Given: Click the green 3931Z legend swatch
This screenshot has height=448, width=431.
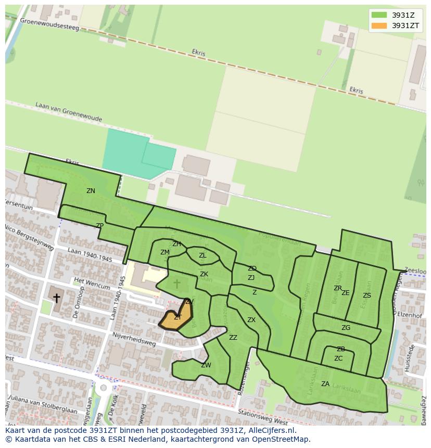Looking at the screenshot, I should tap(379, 15).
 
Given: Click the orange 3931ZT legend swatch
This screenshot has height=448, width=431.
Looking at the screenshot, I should tap(379, 25).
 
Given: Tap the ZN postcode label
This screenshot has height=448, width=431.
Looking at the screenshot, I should tap(91, 191).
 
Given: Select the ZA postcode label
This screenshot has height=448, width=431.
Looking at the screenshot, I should tap(325, 384).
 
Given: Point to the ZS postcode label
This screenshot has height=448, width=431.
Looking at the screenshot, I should tap(367, 296).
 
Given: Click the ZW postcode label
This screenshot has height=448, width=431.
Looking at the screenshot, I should tap(206, 365).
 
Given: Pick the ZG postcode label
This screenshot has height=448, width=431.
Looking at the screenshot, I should tap(346, 328).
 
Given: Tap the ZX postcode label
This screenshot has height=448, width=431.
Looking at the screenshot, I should tap(251, 320).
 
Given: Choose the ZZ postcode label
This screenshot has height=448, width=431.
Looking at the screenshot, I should tap(233, 338).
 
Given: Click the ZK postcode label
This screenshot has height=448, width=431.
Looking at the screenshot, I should tap(204, 274).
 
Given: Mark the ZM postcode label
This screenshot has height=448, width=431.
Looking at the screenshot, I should tap(165, 252).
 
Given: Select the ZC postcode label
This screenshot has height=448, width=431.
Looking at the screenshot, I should tap(338, 359).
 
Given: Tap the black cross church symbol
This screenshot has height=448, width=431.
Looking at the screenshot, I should tap(56, 298).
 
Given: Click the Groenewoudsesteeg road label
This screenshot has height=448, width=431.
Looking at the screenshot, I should tap(50, 23).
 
